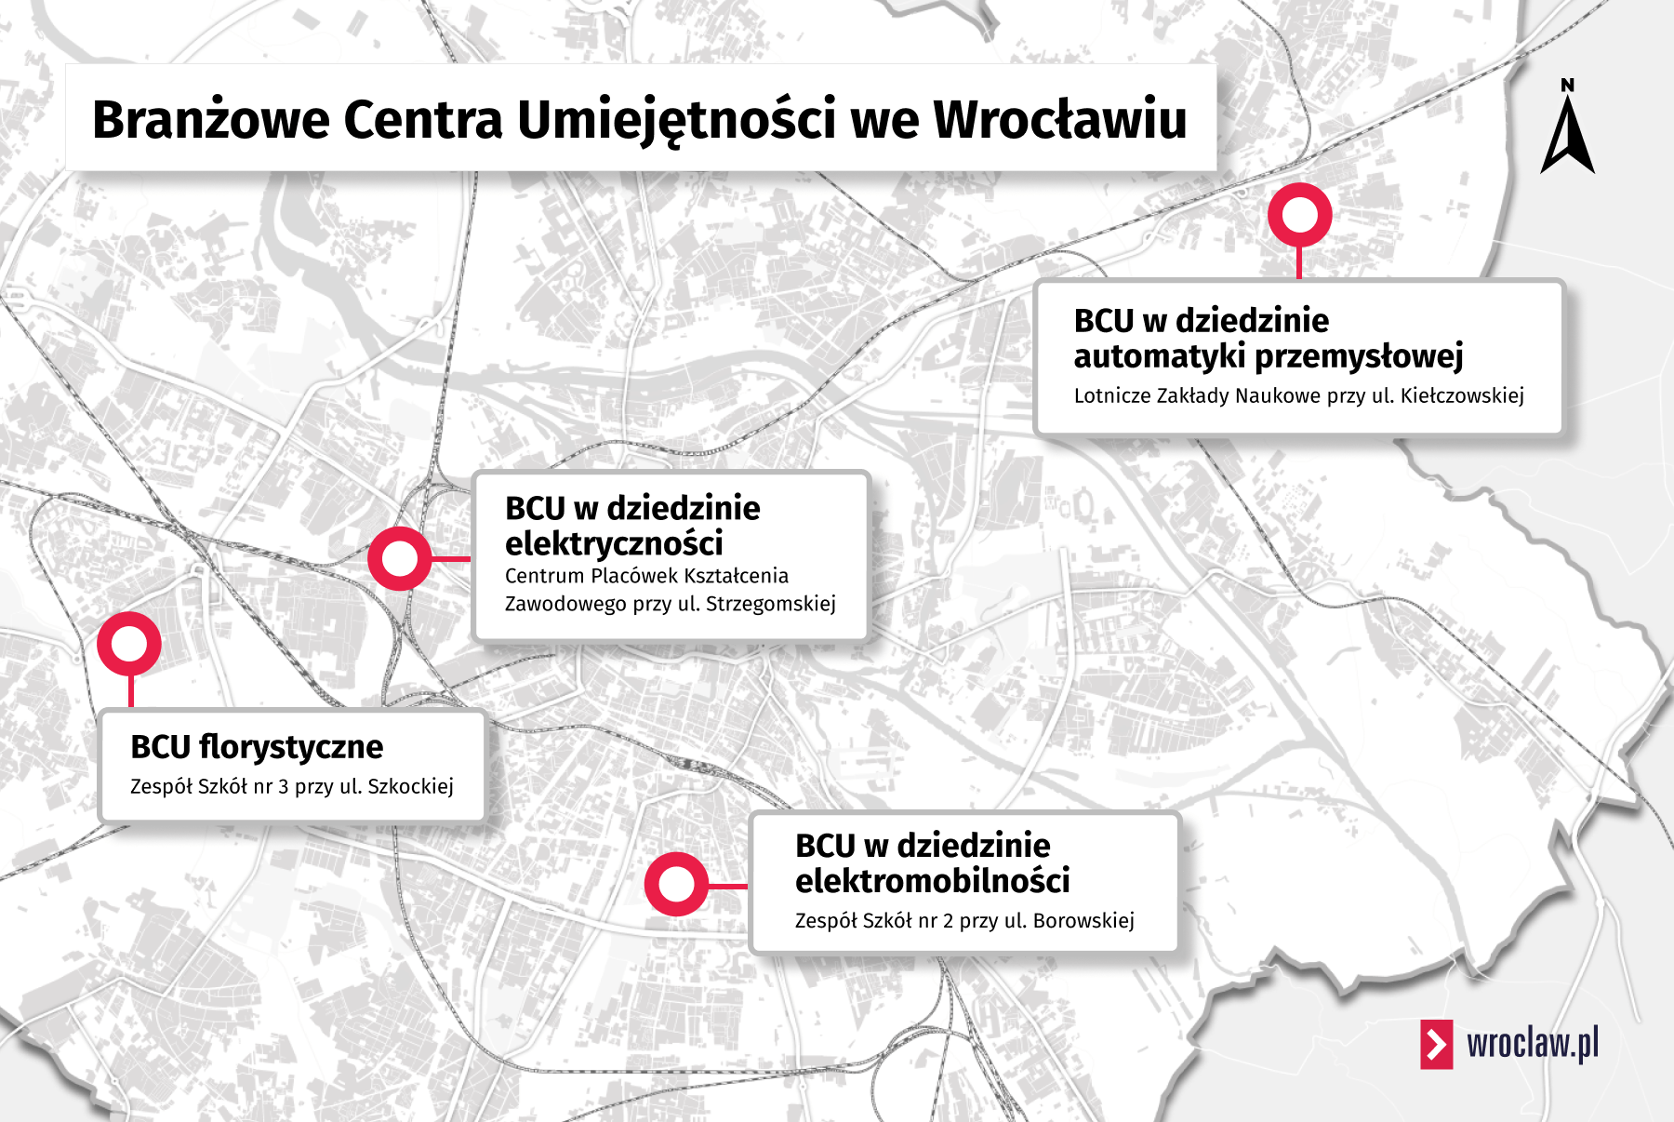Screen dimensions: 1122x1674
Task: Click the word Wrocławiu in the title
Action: coord(1060,119)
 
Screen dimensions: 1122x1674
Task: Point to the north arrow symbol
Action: coord(1568,138)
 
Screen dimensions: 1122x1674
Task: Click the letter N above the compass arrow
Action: coord(1568,86)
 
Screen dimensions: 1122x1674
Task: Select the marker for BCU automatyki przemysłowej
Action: coord(1299,215)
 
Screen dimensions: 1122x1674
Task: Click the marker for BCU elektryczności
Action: coord(400,558)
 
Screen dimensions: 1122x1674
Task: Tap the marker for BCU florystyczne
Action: coord(129,643)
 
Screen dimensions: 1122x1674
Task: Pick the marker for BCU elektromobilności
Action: coord(676,884)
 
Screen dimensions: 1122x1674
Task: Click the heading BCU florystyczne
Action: coord(257,747)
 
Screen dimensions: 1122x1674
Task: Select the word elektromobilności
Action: coord(932,880)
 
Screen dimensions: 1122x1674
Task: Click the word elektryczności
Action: coord(614,543)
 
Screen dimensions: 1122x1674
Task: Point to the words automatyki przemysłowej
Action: coord(1269,355)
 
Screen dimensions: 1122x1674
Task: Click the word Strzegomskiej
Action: coord(770,604)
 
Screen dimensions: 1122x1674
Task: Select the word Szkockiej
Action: coord(410,786)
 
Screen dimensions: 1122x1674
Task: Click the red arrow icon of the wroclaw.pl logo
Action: coord(1436,1044)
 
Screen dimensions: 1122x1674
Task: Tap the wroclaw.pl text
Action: coord(1533,1044)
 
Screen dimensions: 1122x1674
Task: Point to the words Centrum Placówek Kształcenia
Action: coord(646,576)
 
